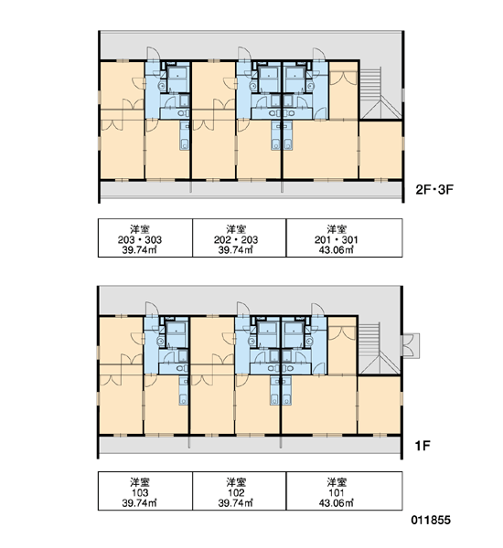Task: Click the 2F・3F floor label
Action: coord(434,190)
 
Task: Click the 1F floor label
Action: coord(423,446)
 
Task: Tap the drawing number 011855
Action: coord(431,520)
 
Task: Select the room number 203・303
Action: coord(140,239)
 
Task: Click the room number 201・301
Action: coord(336,239)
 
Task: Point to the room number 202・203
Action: coord(236,239)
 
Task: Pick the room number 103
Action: coord(140,493)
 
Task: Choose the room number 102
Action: coord(236,493)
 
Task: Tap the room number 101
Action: coord(336,493)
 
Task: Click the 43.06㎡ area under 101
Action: coord(336,503)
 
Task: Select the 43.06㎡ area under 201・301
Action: coord(336,250)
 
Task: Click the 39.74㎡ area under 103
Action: coord(139,503)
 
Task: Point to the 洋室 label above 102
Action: coord(236,482)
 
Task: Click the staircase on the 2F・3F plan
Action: coord(380,93)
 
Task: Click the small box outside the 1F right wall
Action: coord(411,345)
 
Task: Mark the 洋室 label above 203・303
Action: coord(140,229)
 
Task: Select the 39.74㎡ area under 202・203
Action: coord(236,250)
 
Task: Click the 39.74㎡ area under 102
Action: coord(236,503)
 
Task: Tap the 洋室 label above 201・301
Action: coord(337,229)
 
